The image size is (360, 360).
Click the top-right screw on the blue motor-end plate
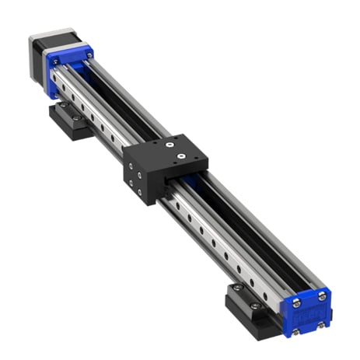(90, 55)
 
